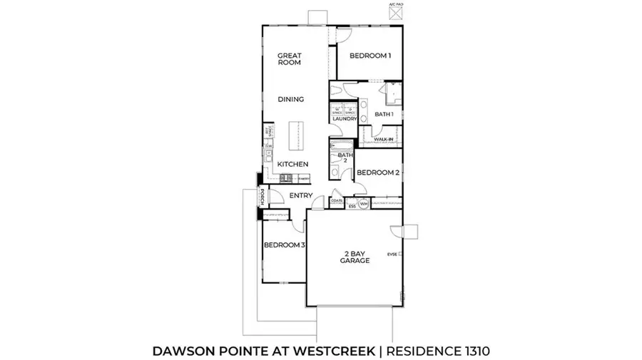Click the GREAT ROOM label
tap(289, 58)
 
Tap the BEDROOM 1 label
tap(369, 56)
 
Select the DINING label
tap(290, 100)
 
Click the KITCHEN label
tap(292, 165)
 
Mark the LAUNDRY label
tap(344, 119)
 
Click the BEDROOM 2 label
tap(377, 173)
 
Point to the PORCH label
tap(262, 197)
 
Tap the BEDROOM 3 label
tap(284, 245)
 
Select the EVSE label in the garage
tap(392, 254)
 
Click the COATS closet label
tap(337, 201)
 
